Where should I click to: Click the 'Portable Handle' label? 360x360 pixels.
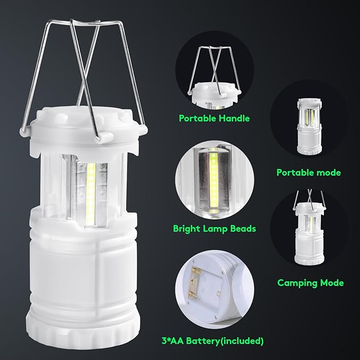(x=214, y=118)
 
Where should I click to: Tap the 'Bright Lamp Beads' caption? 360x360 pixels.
(x=214, y=229)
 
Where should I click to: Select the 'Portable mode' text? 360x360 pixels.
(x=309, y=172)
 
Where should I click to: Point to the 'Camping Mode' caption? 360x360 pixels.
(x=311, y=283)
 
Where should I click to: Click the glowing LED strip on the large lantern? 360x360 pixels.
(x=91, y=188)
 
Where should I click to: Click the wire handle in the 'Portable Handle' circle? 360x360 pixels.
(x=212, y=64)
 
